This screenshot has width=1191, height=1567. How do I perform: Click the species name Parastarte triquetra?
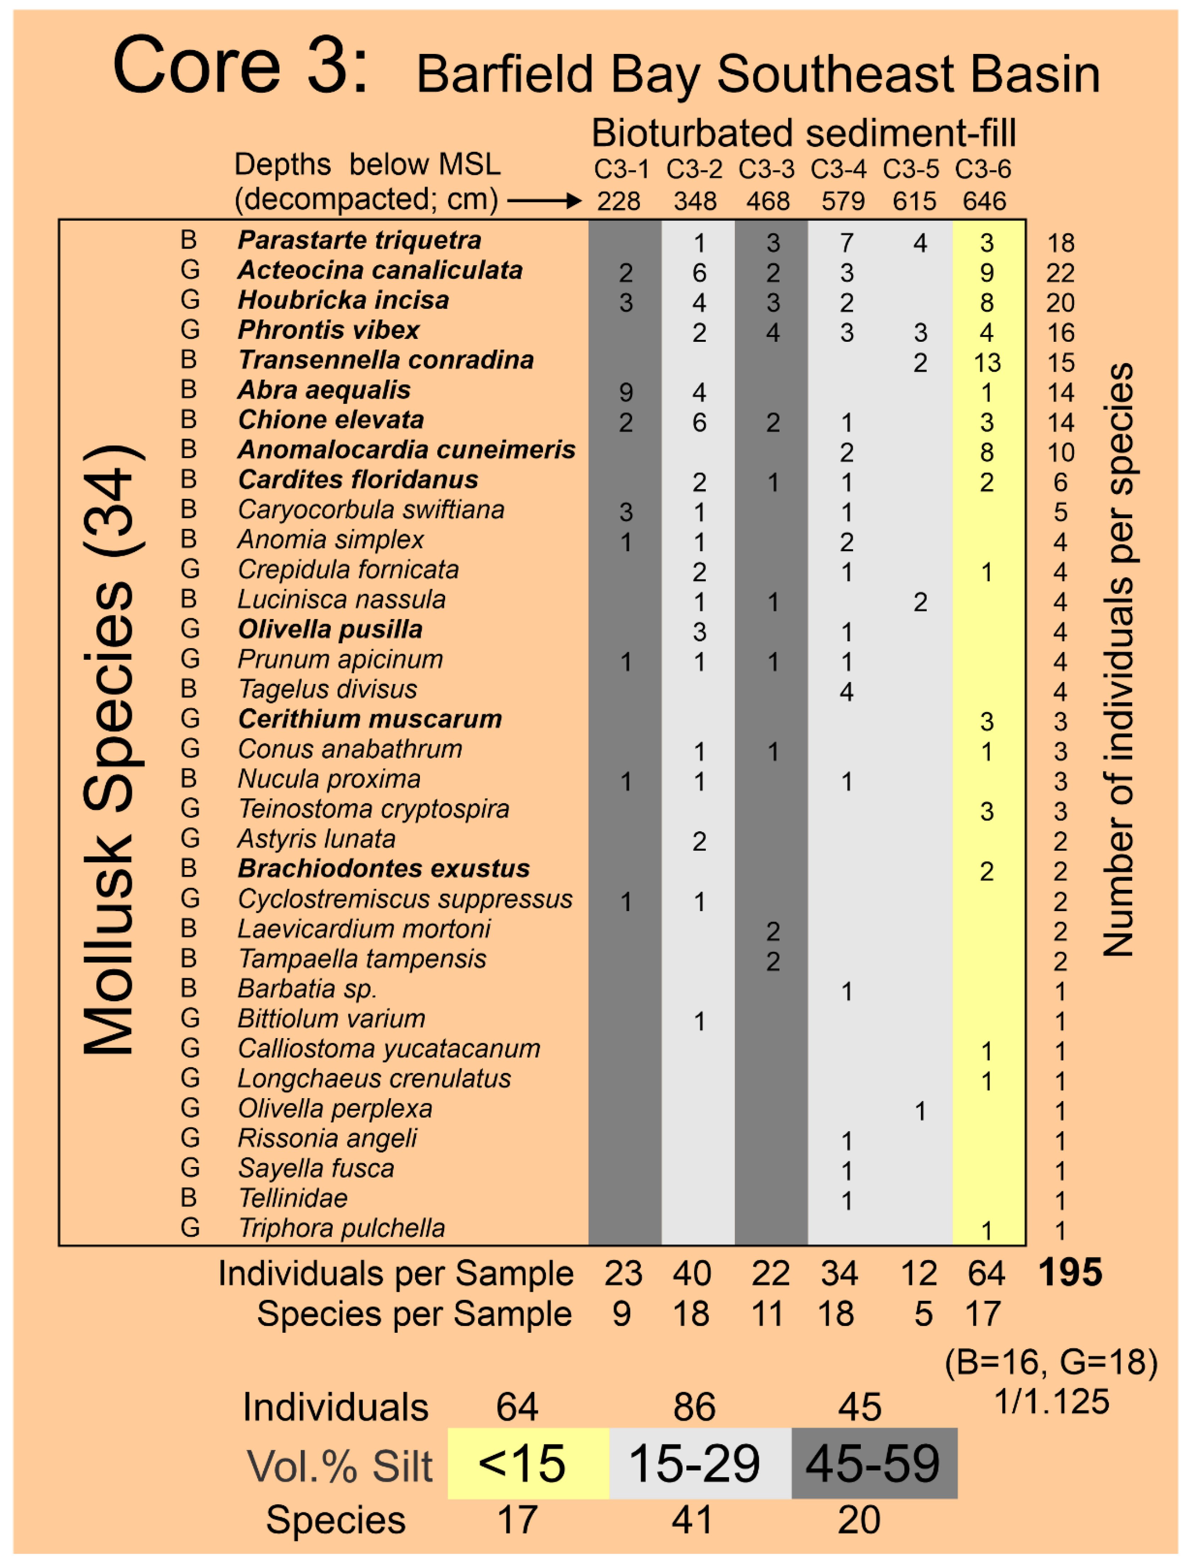(359, 241)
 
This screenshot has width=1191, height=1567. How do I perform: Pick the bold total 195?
(1070, 1273)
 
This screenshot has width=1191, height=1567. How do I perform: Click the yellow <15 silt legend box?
(528, 1463)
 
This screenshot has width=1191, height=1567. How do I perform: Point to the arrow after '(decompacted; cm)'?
(544, 202)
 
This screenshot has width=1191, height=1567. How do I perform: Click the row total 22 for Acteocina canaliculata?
(1060, 273)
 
